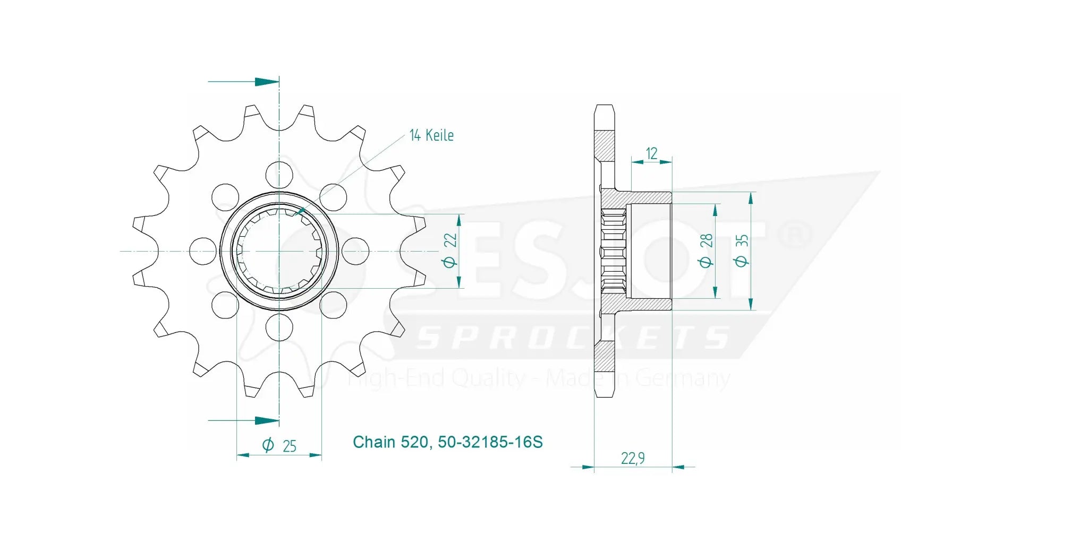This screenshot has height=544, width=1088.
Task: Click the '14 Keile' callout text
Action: tap(431, 135)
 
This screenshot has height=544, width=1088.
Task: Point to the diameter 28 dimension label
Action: tap(705, 251)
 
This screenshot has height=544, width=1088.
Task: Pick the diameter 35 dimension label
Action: tap(741, 251)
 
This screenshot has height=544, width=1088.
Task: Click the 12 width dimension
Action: tap(651, 153)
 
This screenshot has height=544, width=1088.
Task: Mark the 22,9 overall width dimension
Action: tap(633, 458)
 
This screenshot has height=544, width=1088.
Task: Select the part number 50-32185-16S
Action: tap(490, 442)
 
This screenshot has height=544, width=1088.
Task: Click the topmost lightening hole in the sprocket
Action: tap(279, 175)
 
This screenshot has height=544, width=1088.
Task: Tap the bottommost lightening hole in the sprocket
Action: tap(279, 327)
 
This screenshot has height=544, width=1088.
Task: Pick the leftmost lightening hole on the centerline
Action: tap(202, 251)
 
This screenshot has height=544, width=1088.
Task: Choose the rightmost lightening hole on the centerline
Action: tap(355, 251)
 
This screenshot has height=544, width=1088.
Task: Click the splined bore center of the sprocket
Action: tap(279, 251)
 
